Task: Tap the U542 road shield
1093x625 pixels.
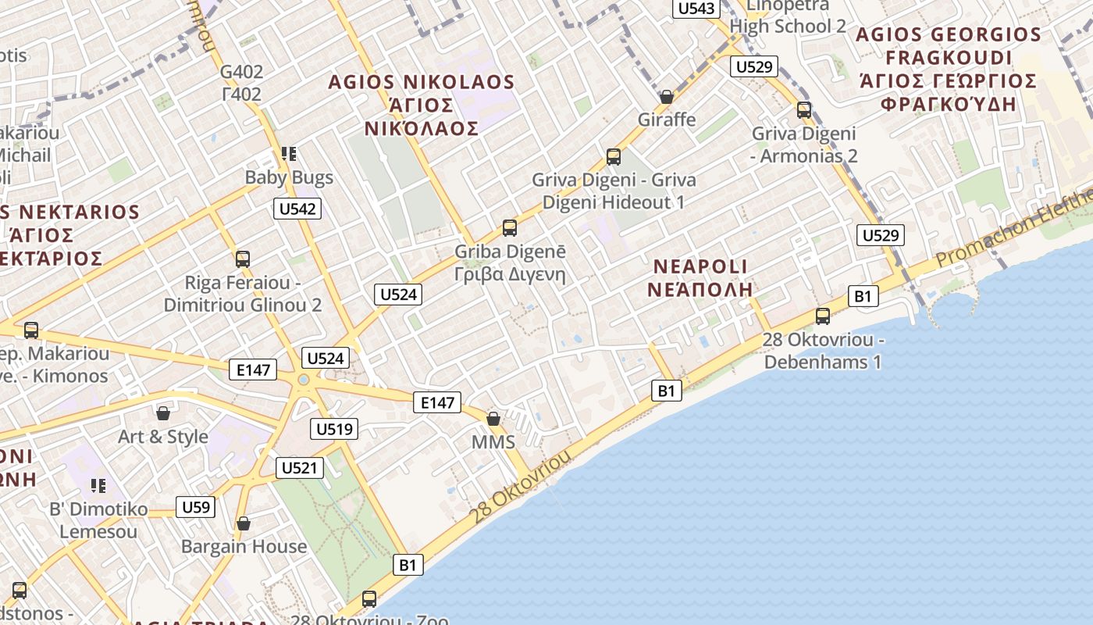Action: [297, 209]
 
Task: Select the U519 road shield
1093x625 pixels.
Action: [333, 429]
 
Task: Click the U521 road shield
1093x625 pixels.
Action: [299, 468]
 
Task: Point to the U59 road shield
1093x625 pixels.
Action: [195, 508]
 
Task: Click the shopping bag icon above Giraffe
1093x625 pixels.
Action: [667, 97]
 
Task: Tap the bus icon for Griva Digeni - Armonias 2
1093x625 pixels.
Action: [804, 110]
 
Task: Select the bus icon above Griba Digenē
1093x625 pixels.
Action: [510, 228]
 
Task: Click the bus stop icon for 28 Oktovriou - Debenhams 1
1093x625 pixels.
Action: [823, 316]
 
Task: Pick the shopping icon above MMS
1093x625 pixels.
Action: [493, 419]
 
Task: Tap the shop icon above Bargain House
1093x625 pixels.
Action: [244, 523]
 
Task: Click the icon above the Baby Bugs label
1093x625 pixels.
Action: [289, 155]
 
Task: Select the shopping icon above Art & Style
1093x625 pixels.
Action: [163, 413]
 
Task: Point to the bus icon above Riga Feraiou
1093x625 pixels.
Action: [243, 259]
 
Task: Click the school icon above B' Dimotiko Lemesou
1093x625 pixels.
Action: [98, 487]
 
